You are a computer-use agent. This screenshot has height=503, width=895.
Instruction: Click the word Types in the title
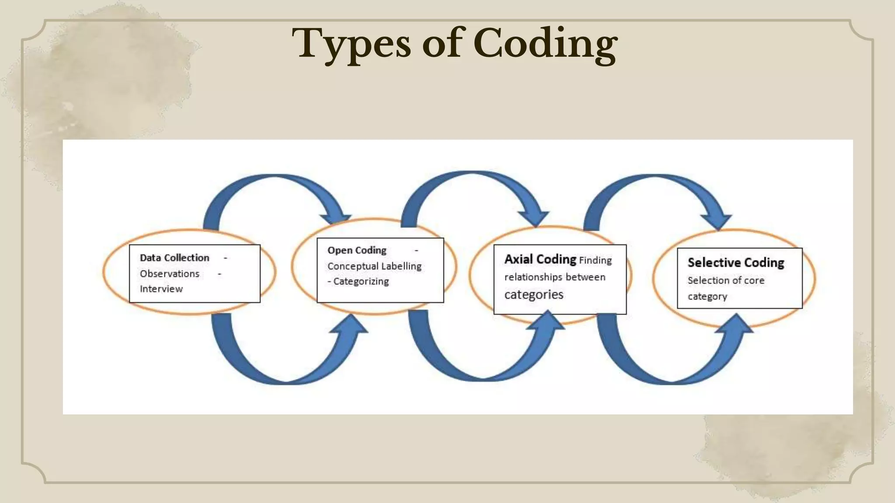pyautogui.click(x=351, y=44)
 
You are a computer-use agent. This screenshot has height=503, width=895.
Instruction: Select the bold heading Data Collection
pyautogui.click(x=174, y=258)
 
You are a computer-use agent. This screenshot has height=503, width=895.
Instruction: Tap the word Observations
pyautogui.click(x=170, y=274)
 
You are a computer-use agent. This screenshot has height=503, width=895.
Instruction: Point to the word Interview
pyautogui.click(x=161, y=289)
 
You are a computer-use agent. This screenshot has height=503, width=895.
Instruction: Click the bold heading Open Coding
pyautogui.click(x=357, y=250)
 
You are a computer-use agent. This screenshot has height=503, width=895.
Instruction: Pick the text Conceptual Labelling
pyautogui.click(x=375, y=266)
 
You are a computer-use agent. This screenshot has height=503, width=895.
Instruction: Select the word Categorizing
pyautogui.click(x=361, y=281)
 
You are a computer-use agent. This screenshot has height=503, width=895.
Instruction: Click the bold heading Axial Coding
pyautogui.click(x=540, y=259)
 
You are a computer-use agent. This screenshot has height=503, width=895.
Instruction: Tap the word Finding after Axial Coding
pyautogui.click(x=595, y=260)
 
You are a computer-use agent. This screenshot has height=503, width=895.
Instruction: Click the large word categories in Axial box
pyautogui.click(x=534, y=295)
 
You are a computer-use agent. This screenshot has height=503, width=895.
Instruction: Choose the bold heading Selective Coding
pyautogui.click(x=735, y=262)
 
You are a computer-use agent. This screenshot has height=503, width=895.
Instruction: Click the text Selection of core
pyautogui.click(x=726, y=280)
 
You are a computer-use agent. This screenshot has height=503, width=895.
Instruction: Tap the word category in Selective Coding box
pyautogui.click(x=707, y=296)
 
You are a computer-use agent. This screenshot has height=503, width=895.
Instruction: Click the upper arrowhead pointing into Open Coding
pyautogui.click(x=337, y=218)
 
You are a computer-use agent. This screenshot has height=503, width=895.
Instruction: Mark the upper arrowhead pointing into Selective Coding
pyautogui.click(x=717, y=220)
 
